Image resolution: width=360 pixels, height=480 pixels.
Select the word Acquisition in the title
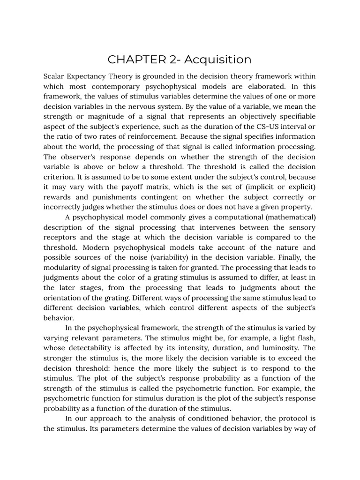point(217,60)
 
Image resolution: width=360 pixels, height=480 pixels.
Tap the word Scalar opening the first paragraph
point(55,76)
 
